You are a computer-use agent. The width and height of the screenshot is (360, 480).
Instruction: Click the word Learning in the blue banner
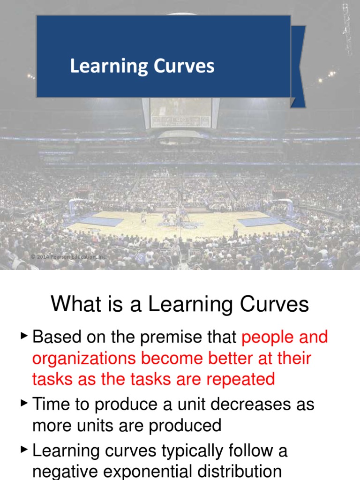coord(103,67)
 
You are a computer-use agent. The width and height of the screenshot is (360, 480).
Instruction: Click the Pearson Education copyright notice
coord(68,257)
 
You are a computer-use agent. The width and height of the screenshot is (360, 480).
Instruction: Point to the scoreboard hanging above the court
coord(180,113)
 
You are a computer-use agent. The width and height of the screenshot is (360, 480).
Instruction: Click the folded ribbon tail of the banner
coord(298,66)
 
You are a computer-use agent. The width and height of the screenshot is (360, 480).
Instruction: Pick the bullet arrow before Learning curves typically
coord(24,450)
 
